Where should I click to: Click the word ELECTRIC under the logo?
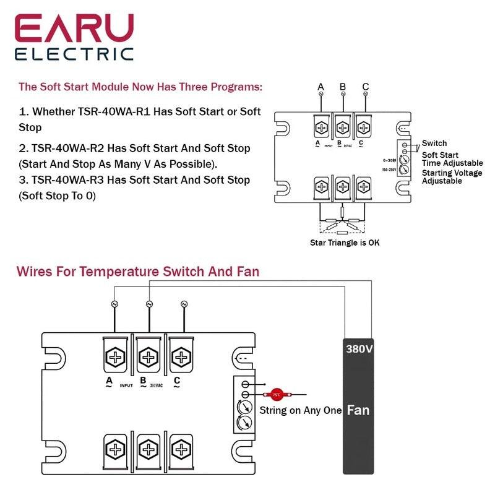[74, 54]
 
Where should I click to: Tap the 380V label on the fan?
[359, 349]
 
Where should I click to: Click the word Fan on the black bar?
[359, 410]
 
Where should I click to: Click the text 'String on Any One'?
[300, 410]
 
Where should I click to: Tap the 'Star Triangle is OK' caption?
[345, 243]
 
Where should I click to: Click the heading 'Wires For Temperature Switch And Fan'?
[137, 271]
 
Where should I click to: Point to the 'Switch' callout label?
[434, 143]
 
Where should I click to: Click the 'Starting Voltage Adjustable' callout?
[452, 177]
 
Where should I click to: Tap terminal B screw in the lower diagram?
[148, 357]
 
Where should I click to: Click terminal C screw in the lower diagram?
[181, 357]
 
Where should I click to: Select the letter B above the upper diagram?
[343, 87]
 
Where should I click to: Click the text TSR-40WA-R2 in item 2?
[72, 148]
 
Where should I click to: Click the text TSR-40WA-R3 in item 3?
[72, 180]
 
